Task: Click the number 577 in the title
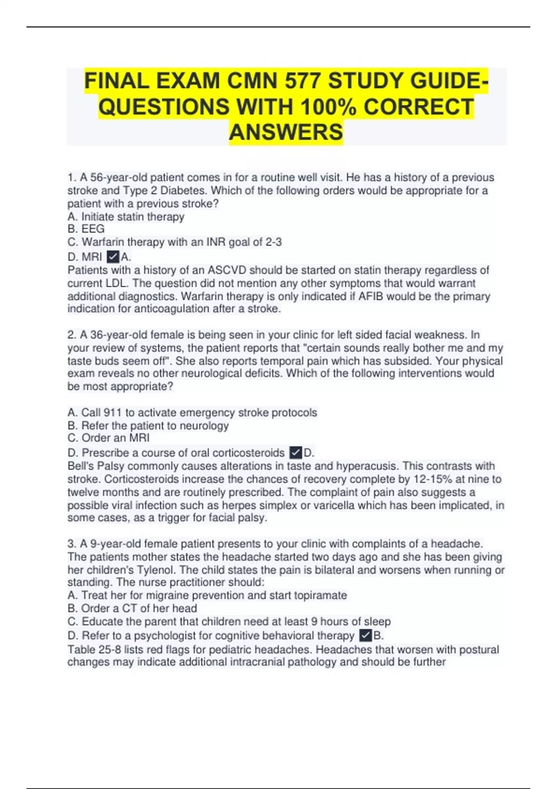302,81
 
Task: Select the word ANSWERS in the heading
286,132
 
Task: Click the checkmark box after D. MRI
113,257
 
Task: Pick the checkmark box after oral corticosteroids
296,453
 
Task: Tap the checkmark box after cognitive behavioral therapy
366,635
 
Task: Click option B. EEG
86,229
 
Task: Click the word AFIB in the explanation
371,296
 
